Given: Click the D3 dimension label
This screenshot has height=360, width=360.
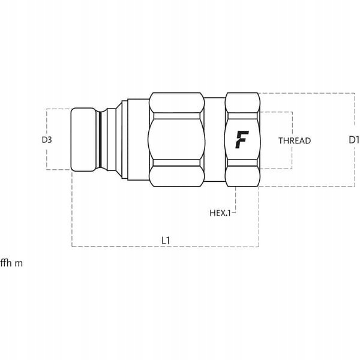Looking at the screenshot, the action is click(47, 140).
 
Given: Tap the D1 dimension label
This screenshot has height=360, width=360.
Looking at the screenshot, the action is click(354, 140).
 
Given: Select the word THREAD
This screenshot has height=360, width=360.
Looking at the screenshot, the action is click(295, 140).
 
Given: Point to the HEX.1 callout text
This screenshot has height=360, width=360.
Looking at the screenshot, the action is click(220, 213).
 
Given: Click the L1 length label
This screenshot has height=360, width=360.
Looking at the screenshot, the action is click(166, 241).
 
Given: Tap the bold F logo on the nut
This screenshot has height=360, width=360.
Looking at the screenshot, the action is click(242, 139).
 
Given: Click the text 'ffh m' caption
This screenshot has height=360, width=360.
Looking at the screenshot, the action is click(11, 263).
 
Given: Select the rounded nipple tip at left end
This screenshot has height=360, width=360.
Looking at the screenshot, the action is click(83, 140).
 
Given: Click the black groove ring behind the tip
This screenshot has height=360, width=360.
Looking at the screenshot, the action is click(100, 140).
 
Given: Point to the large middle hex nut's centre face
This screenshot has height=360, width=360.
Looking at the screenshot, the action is click(176, 140).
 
